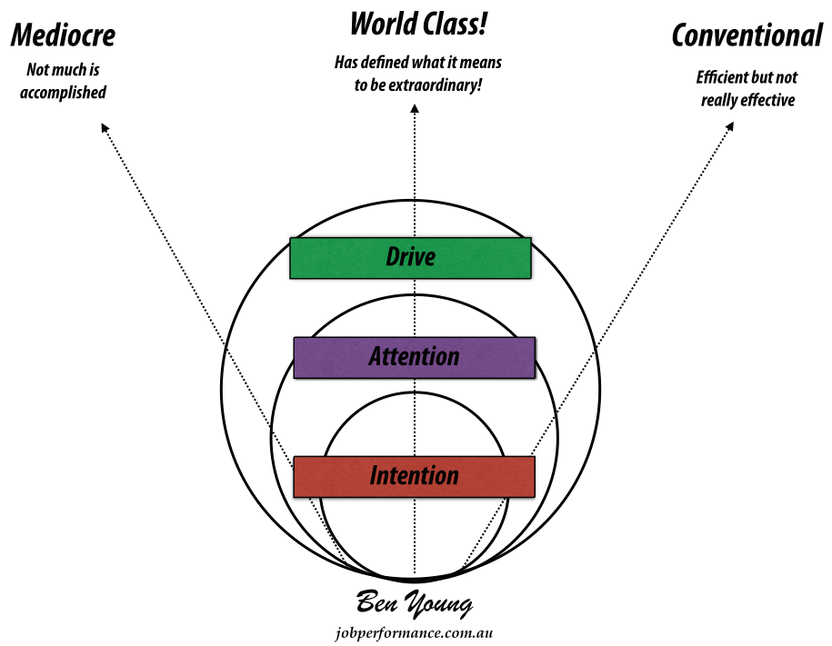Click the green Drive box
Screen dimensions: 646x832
[x=410, y=257]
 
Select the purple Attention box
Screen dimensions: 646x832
[x=414, y=357]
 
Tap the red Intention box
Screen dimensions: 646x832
[x=414, y=476]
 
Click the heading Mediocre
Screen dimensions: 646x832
[x=63, y=36]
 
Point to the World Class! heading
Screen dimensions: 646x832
[x=417, y=24]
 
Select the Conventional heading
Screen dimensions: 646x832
[x=747, y=36]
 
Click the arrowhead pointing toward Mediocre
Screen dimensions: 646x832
[x=104, y=129]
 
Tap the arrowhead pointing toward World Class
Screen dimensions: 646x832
[x=415, y=109]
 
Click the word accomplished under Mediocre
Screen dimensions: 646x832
[x=64, y=93]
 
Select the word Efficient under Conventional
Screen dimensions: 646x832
[x=722, y=78]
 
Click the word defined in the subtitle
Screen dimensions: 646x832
[x=387, y=64]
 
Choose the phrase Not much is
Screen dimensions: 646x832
[x=64, y=69]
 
